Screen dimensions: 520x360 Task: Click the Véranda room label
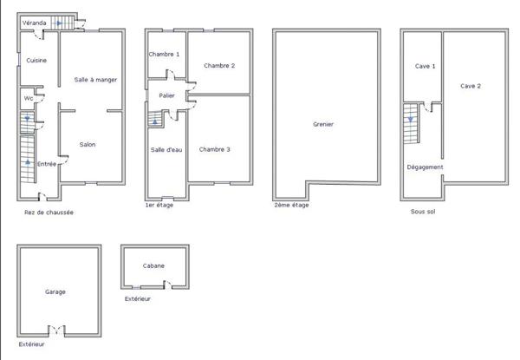(x=34, y=23)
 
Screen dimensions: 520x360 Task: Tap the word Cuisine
(x=36, y=61)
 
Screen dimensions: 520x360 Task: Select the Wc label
(x=29, y=98)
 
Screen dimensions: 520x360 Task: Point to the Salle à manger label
(x=95, y=80)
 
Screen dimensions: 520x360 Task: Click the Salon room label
(x=88, y=144)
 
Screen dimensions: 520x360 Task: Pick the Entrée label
(x=47, y=164)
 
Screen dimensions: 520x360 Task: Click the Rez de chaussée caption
(x=49, y=213)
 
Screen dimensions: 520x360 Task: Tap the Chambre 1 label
(x=164, y=54)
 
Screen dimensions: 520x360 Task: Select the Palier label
(x=166, y=95)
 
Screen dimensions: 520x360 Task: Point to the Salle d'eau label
(x=166, y=150)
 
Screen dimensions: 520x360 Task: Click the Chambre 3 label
(x=215, y=149)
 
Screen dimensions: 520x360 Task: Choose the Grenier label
(x=323, y=124)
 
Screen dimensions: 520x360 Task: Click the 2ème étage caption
(x=291, y=205)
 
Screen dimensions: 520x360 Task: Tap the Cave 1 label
(x=426, y=66)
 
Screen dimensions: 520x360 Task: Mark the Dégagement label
(x=426, y=167)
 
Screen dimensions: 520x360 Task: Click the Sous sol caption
(x=423, y=212)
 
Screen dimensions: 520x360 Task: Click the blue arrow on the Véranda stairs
(x=59, y=23)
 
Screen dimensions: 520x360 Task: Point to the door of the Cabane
(x=168, y=285)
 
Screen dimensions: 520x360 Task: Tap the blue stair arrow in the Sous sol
(x=411, y=120)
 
